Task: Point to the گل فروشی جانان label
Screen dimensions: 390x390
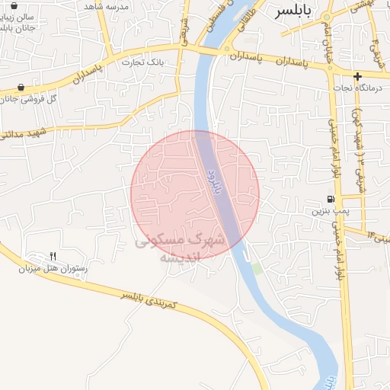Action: pyautogui.click(x=53, y=99)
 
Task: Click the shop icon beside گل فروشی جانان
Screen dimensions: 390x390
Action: pyautogui.click(x=20, y=87)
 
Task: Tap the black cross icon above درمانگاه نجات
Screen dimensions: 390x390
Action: pyautogui.click(x=356, y=76)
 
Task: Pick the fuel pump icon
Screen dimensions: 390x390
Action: pyautogui.click(x=329, y=200)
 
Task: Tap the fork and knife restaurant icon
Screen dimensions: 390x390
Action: pyautogui.click(x=53, y=256)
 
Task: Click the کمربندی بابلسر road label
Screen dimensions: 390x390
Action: pyautogui.click(x=149, y=299)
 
